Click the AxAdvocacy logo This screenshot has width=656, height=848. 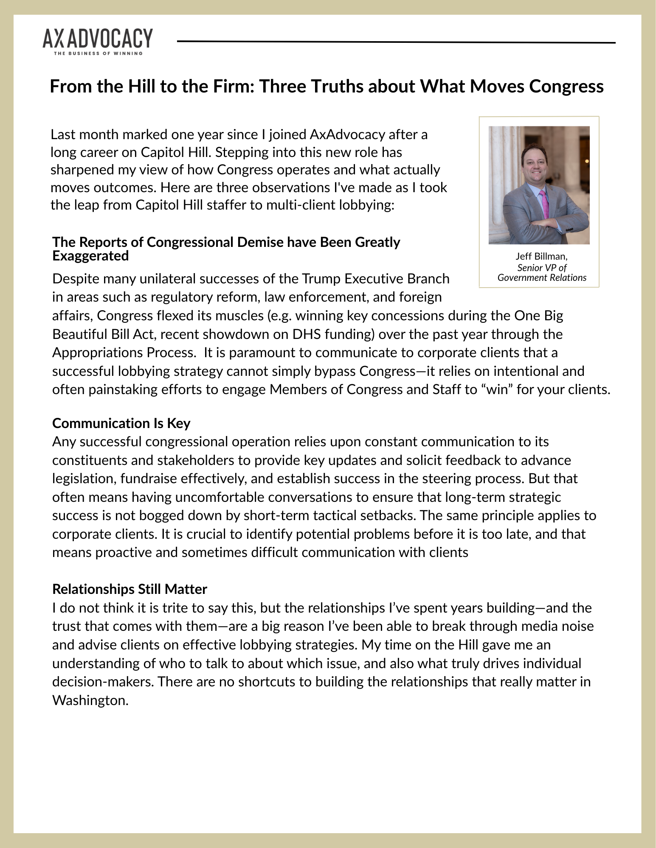coord(97,39)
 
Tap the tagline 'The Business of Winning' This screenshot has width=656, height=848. coord(97,53)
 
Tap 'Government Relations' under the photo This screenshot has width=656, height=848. coord(542,277)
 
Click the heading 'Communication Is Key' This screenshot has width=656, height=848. coord(121,423)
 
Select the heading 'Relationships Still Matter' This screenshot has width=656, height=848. coord(130,589)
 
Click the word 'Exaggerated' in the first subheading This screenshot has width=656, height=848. coord(90,256)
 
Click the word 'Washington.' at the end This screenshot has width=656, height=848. coord(90,700)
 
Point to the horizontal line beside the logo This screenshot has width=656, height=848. coord(396,42)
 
